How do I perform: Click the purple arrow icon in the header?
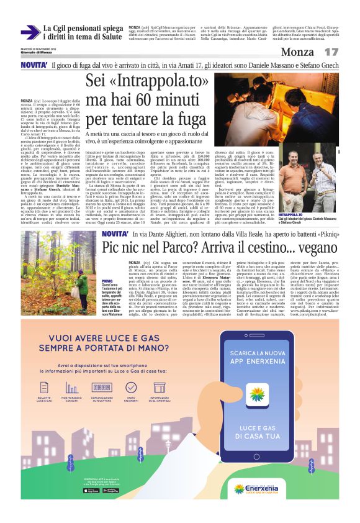30,32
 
